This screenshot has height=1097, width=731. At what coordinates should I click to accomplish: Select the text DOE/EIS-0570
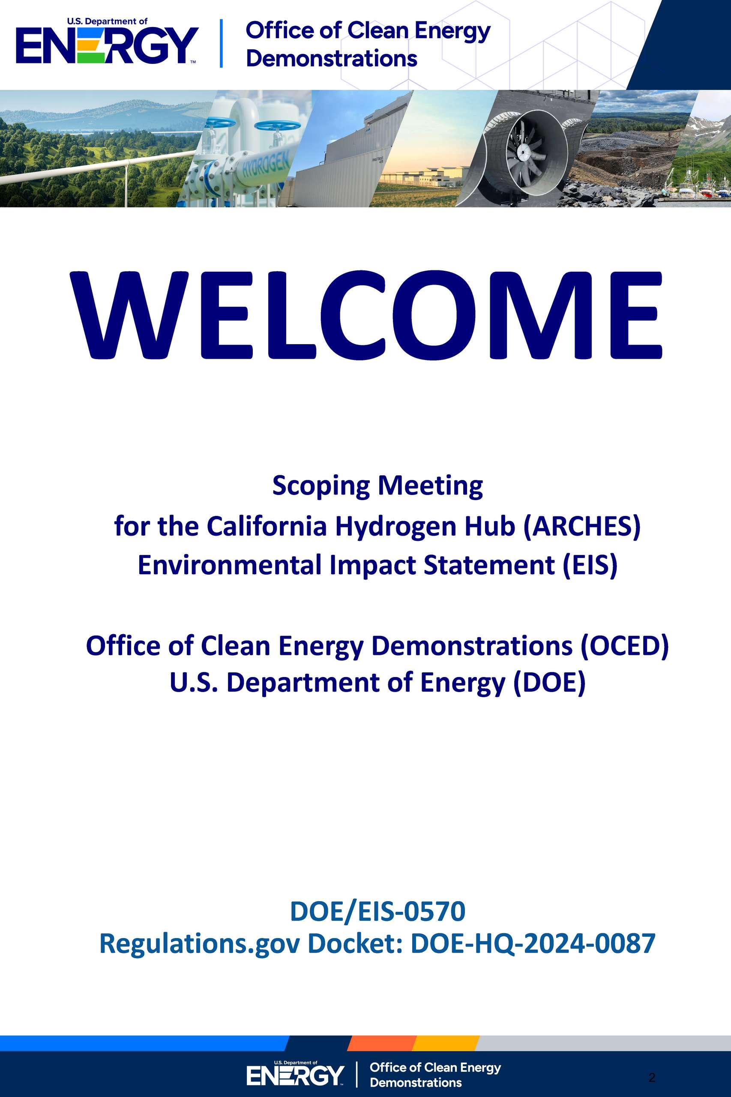tap(377, 911)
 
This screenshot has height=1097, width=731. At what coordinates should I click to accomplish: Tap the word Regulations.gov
tap(199, 944)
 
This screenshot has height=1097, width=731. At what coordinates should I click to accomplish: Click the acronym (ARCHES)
tap(582, 526)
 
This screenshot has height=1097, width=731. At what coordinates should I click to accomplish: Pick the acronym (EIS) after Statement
tap(590, 565)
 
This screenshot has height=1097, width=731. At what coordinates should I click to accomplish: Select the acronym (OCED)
tap(624, 646)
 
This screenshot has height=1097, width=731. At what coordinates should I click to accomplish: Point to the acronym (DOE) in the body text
tap(549, 683)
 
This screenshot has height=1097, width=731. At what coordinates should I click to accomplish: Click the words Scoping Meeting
tap(377, 486)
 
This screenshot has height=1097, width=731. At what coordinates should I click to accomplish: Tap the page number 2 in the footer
tap(652, 1077)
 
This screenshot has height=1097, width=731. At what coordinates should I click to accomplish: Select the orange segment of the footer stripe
tap(382, 1043)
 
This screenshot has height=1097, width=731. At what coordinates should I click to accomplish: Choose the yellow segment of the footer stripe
tap(446, 1043)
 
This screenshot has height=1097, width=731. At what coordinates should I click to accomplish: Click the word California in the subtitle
tap(267, 526)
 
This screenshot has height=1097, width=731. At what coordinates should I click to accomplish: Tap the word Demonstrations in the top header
tap(332, 59)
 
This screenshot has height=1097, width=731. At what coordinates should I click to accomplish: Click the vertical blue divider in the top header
tap(221, 43)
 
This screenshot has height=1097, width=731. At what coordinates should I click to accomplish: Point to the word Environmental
tap(230, 565)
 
